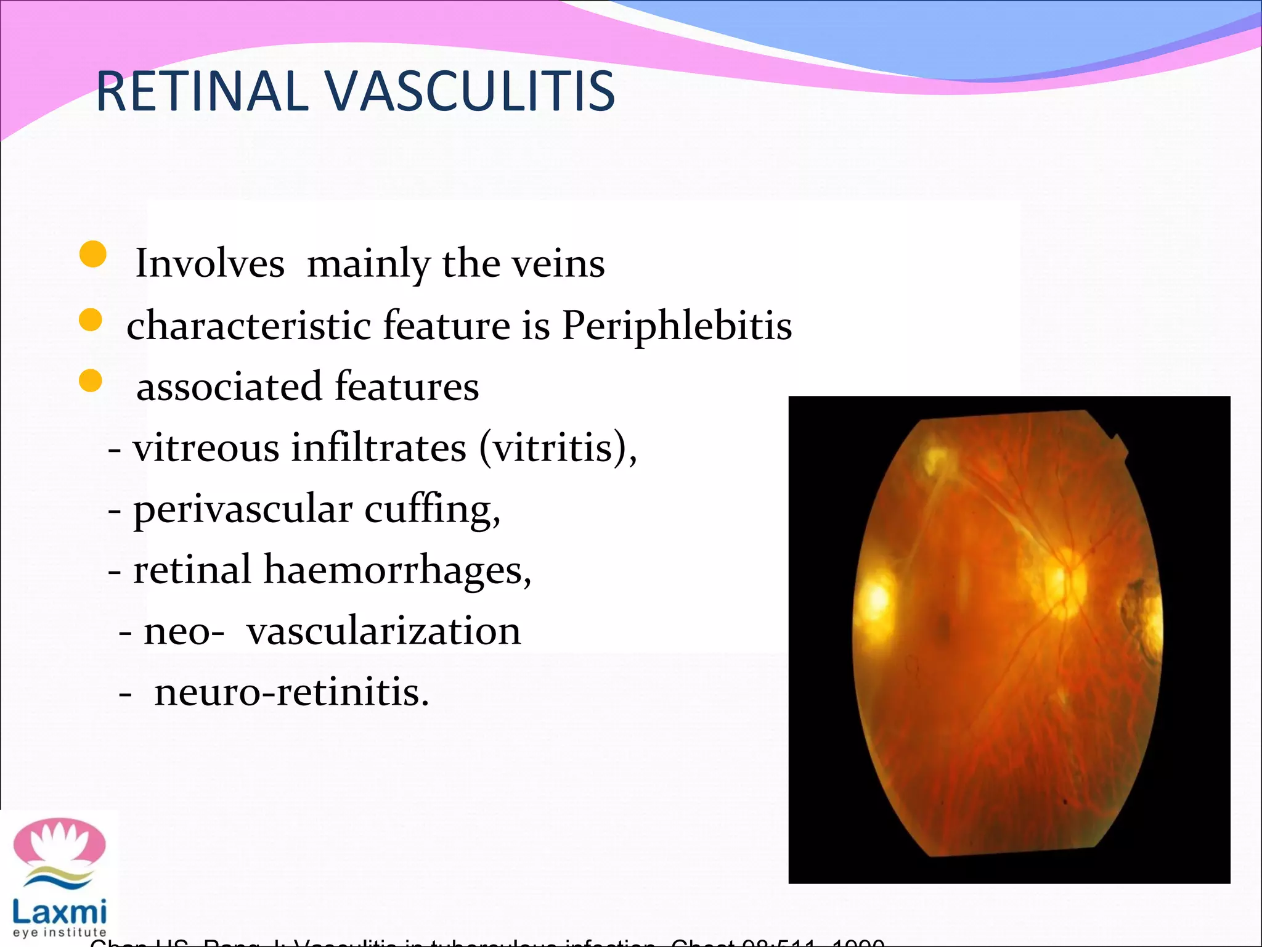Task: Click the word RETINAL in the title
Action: (x=202, y=92)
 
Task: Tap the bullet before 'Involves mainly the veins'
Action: (x=93, y=254)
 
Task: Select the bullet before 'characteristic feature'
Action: (x=91, y=320)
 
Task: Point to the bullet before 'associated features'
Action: (x=91, y=381)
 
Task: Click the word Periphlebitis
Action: (x=677, y=325)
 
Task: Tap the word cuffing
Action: (x=432, y=510)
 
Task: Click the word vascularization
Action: (x=384, y=631)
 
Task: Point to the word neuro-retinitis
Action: (x=291, y=692)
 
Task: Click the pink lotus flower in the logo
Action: (x=60, y=842)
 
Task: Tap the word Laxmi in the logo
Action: (x=60, y=911)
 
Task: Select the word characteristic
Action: (x=248, y=325)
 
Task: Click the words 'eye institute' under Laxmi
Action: (x=60, y=933)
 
